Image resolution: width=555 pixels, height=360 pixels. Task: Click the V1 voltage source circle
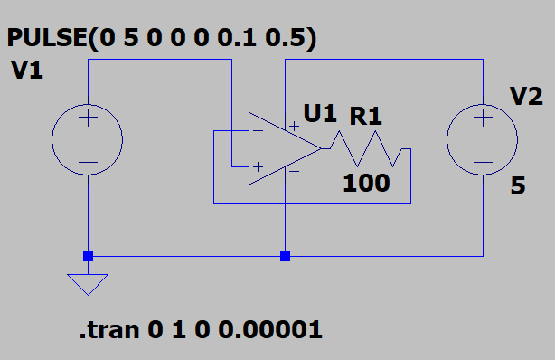(x=52, y=139)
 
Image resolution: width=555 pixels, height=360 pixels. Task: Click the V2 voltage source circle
(x=447, y=139)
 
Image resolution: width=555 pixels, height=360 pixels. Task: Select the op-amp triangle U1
(x=249, y=149)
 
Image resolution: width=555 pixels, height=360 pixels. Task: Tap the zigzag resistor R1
(x=366, y=149)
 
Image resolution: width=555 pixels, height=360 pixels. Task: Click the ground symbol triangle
(x=88, y=275)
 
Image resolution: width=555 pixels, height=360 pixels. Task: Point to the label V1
(x=27, y=71)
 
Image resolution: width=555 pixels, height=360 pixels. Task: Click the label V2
(x=526, y=96)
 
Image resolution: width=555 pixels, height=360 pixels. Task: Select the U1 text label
(x=320, y=113)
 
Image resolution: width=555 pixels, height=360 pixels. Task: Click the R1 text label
(x=366, y=116)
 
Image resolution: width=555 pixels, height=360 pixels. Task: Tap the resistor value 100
(x=366, y=184)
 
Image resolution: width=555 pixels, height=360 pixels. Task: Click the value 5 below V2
(x=518, y=185)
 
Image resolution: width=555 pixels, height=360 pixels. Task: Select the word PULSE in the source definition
(x=47, y=38)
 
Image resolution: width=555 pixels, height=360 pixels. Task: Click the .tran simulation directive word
(x=109, y=330)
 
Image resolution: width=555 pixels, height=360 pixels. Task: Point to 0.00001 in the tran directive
(x=270, y=329)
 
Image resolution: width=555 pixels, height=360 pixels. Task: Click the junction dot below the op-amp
(x=286, y=256)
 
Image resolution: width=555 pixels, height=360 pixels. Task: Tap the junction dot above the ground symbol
(x=89, y=256)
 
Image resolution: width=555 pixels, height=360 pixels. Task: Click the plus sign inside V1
(x=89, y=118)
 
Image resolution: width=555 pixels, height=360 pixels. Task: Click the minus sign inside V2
(x=484, y=163)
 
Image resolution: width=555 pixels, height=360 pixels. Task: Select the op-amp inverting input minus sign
(x=258, y=131)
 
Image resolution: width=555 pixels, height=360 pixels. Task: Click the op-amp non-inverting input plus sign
(x=258, y=166)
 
